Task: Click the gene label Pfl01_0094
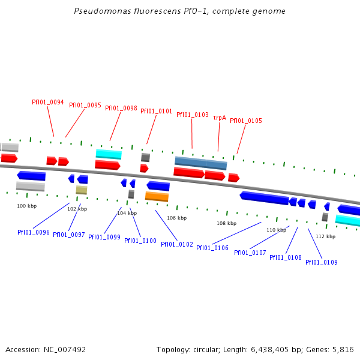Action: tap(48, 102)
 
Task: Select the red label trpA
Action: tap(220, 118)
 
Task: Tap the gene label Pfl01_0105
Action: tap(246, 121)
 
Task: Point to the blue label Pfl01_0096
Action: tap(34, 232)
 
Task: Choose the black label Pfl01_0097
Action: tap(69, 235)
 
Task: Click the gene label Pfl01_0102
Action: tap(177, 244)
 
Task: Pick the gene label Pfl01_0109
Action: tap(322, 262)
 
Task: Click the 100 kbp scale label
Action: tap(26, 206)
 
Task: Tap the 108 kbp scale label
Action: tap(227, 223)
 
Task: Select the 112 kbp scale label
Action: tap(325, 236)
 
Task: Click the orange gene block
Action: tap(157, 196)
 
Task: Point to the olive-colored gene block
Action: tap(82, 190)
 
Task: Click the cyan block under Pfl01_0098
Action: tap(109, 154)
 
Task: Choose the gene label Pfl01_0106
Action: tap(212, 248)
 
